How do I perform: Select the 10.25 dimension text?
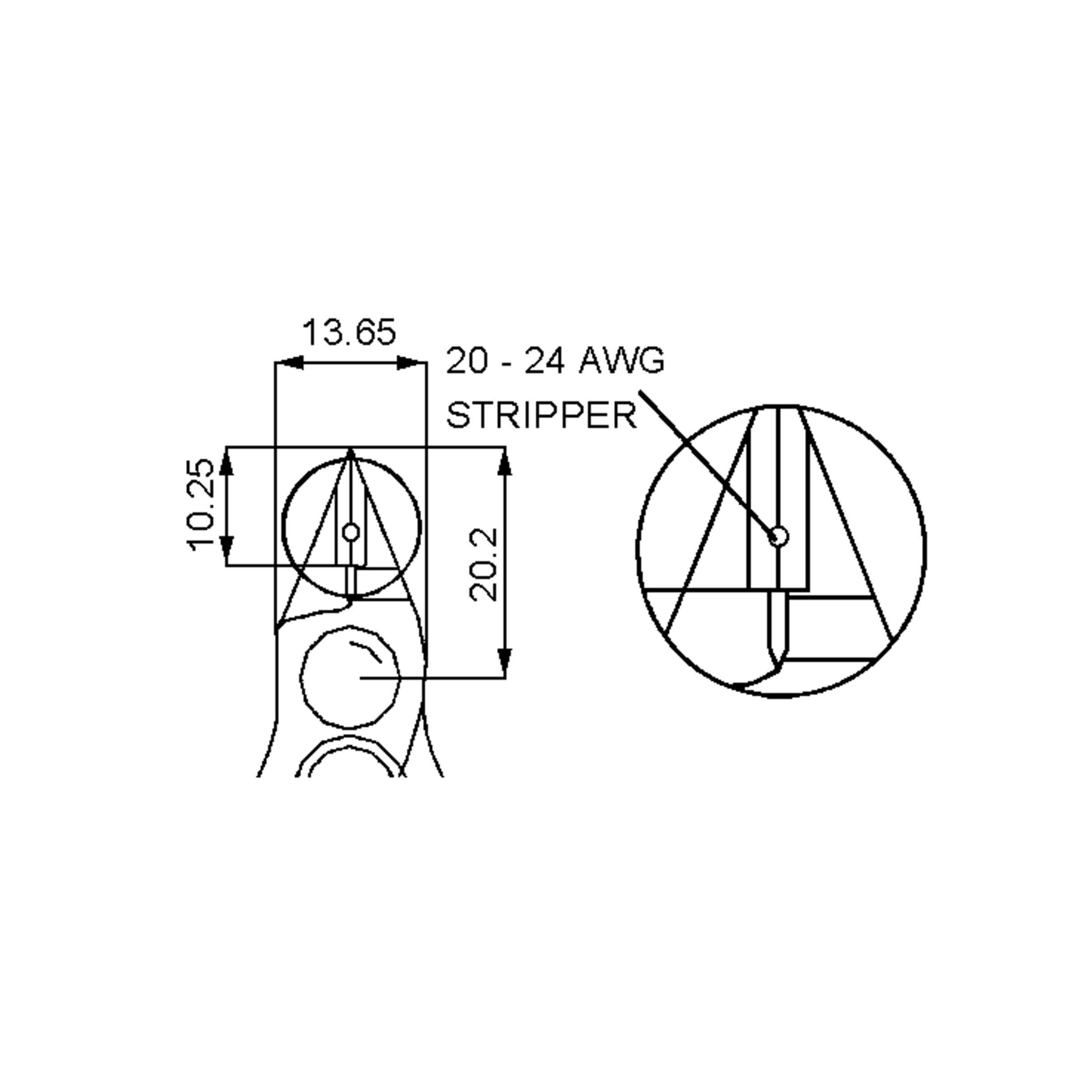pos(200,505)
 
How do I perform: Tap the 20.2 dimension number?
pos(483,565)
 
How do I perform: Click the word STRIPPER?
pos(542,416)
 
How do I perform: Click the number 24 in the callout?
pos(544,360)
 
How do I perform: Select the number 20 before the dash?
pos(466,360)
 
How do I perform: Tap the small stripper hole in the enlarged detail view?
pos(778,537)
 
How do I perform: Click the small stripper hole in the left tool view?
pos(351,532)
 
